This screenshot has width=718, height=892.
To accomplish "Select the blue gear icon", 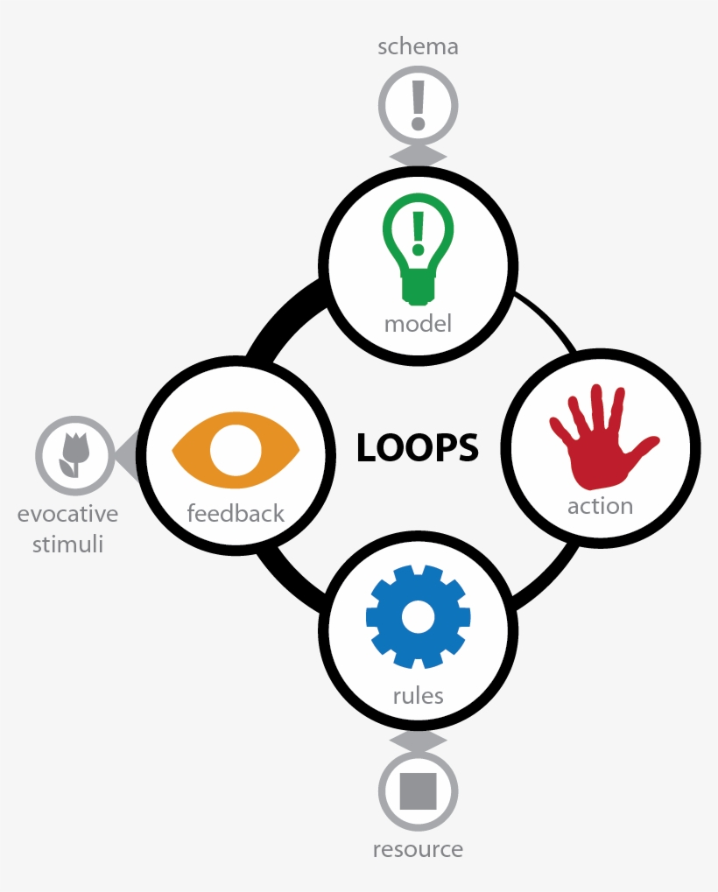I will click(x=418, y=617).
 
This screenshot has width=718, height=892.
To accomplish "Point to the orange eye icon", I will click(x=236, y=450).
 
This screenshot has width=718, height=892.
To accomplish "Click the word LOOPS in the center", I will click(x=418, y=447).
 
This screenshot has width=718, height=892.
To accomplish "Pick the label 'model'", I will click(x=418, y=324).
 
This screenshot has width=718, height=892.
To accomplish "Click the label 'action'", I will click(x=600, y=506).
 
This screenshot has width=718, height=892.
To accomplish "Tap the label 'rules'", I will click(x=418, y=696).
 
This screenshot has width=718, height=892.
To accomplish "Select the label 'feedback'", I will click(x=236, y=513).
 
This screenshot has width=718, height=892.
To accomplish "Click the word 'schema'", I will click(x=418, y=46).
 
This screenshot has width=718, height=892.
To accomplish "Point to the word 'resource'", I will click(x=418, y=849).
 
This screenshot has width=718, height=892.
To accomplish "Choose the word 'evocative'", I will click(x=67, y=514).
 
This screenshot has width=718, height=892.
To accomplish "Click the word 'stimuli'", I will click(x=67, y=544).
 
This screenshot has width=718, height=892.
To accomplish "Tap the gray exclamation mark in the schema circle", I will click(x=418, y=105).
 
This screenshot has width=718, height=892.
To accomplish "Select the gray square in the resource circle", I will click(x=418, y=790).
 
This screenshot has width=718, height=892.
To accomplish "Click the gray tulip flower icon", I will click(x=74, y=454).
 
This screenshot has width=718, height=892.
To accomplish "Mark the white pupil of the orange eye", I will click(x=236, y=450).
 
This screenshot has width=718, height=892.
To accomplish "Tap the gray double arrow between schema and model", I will click(x=418, y=157).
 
